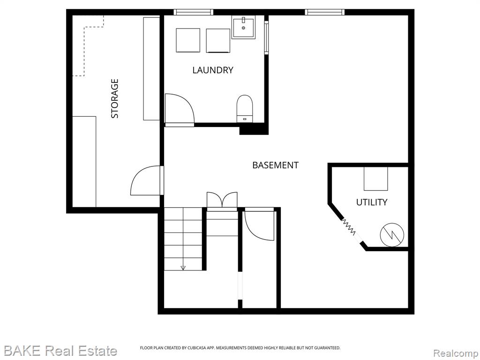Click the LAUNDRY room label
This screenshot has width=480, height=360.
point(213,70)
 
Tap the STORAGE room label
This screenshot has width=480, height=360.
point(114,98)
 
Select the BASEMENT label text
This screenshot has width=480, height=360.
point(275,165)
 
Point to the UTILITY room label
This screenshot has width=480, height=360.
point(372,202)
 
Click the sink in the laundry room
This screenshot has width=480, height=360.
point(243,28)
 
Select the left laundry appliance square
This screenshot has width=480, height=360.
point(188,40)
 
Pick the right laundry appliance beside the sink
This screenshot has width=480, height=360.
point(218,41)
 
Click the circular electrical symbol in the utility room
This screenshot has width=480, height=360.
point(392,235)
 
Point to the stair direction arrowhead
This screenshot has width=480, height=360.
point(183,268)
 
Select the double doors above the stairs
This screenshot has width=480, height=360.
point(222,200)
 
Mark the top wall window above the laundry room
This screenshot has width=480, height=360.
point(194,12)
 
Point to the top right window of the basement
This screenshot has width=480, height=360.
point(324,12)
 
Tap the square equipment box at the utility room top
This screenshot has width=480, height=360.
point(375,179)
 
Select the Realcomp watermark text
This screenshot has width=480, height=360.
point(456,353)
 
